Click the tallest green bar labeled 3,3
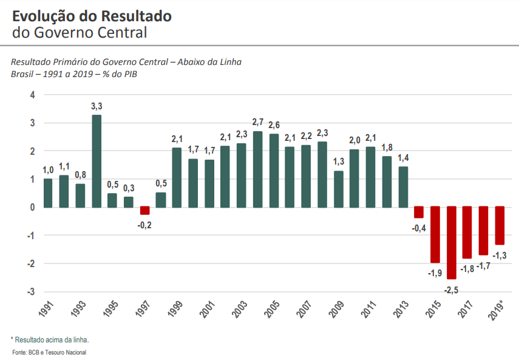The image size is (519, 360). pyautogui.click(x=97, y=161)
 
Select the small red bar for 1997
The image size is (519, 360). pyautogui.click(x=144, y=211)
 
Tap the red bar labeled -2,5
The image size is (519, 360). pyautogui.click(x=451, y=243)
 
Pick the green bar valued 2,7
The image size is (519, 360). pyautogui.click(x=257, y=169)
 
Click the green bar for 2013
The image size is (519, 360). pyautogui.click(x=402, y=186)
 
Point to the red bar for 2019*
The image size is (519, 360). pyautogui.click(x=500, y=225)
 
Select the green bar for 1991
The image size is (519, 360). pyautogui.click(x=48, y=192)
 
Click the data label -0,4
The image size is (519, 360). pyautogui.click(x=419, y=228)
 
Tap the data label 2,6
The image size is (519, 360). pyautogui.click(x=274, y=125)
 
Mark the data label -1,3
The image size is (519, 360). pyautogui.click(x=500, y=255)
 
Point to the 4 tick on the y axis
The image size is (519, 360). pyautogui.click(x=32, y=95)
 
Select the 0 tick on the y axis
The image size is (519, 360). pyautogui.click(x=32, y=207)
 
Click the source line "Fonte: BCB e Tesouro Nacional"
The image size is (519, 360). pyautogui.click(x=49, y=352)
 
